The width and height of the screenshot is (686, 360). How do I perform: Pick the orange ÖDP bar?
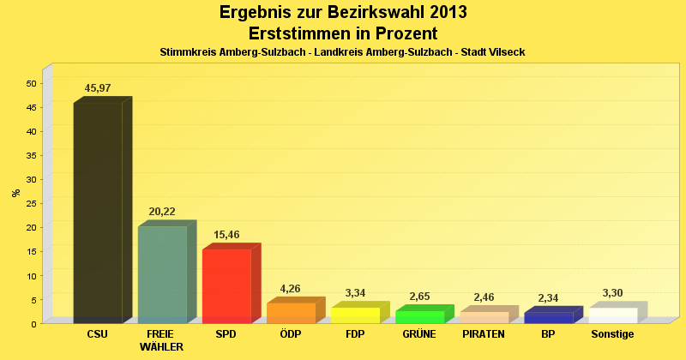click(x=291, y=313)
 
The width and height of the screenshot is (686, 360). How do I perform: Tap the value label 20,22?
click(x=162, y=212)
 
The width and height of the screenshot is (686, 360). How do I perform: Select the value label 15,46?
click(x=226, y=235)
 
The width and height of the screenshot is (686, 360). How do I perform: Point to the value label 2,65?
click(x=419, y=297)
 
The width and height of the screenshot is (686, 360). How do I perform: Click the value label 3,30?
click(x=612, y=293)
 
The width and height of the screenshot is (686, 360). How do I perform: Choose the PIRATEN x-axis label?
click(x=484, y=334)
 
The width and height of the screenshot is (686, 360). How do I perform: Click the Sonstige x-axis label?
click(x=612, y=334)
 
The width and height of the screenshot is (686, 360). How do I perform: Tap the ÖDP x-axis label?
click(x=291, y=334)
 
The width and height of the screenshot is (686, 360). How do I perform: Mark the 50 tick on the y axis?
click(x=31, y=83)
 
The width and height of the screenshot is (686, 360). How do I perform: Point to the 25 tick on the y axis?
click(x=31, y=203)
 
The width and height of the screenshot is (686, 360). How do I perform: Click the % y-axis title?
click(x=15, y=193)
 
